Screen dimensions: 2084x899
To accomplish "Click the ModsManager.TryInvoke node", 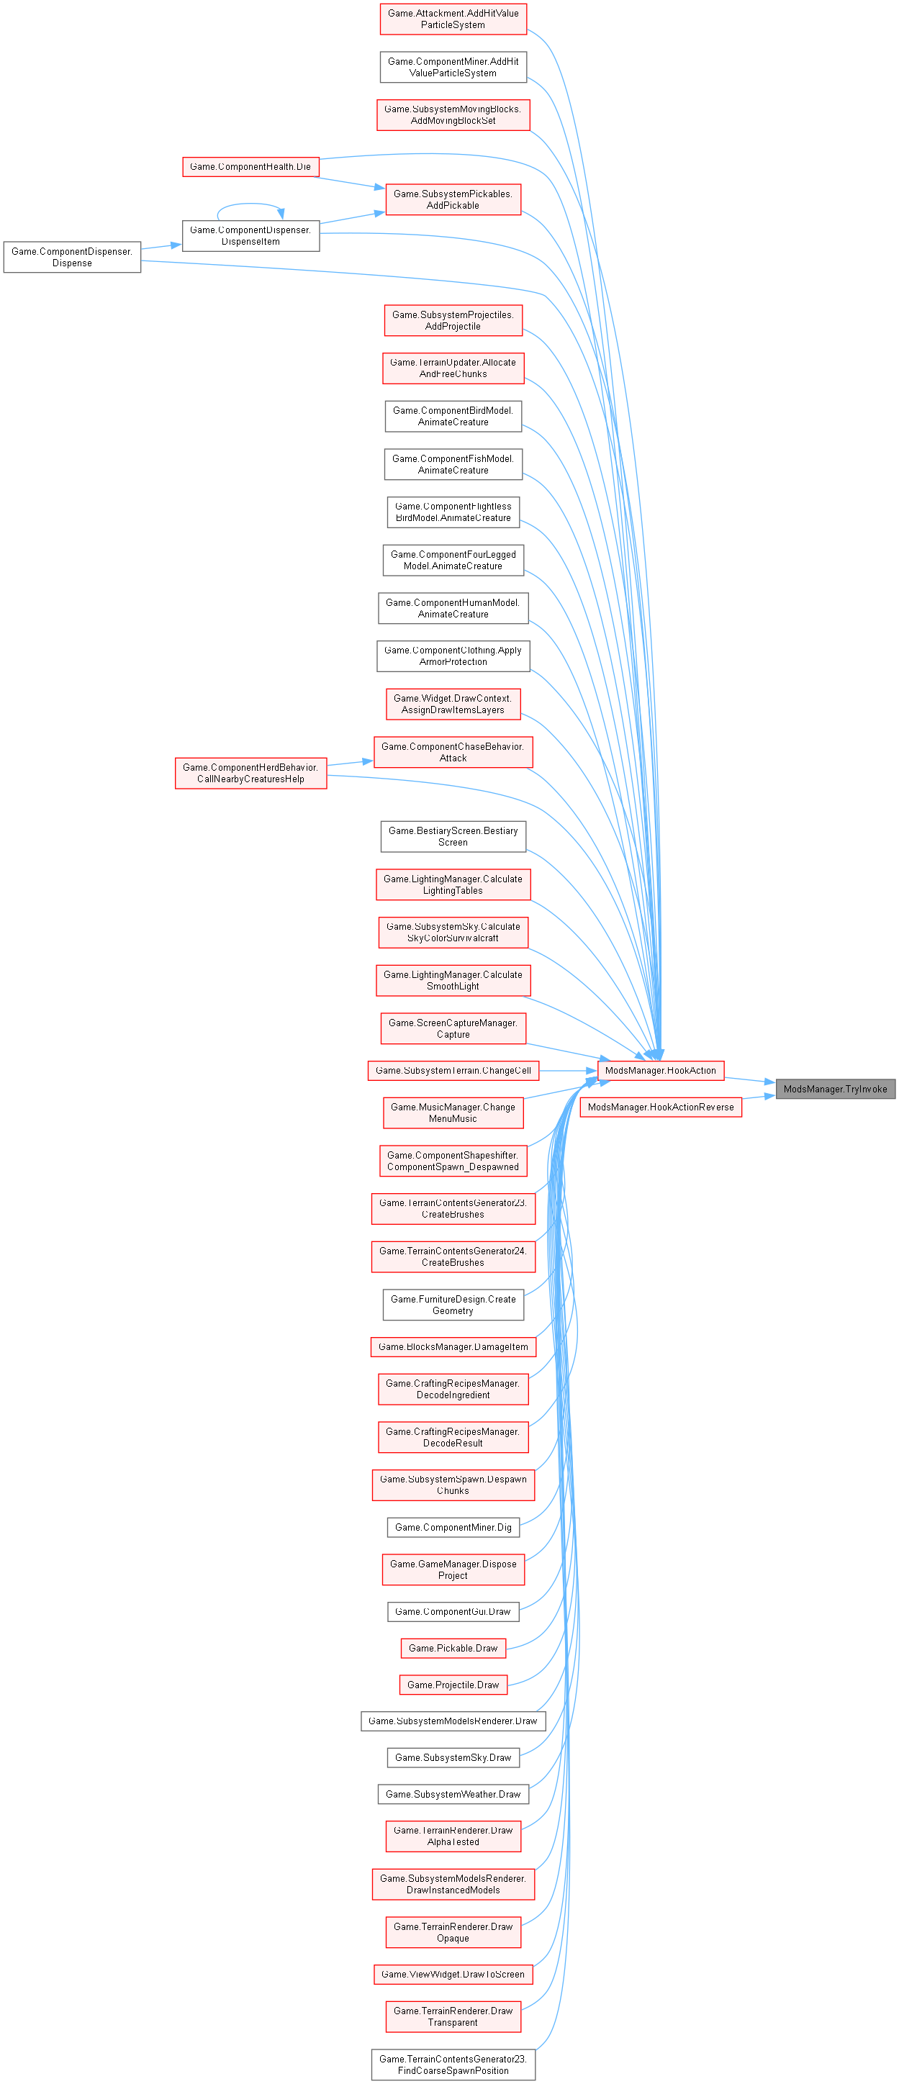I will [x=835, y=1089].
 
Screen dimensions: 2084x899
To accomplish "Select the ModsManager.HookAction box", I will [x=660, y=1070].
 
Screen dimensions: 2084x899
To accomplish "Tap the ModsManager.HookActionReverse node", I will [x=660, y=1107].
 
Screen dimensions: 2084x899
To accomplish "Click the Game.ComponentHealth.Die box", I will [x=250, y=167].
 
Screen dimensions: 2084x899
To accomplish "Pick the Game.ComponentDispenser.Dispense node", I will [x=72, y=258].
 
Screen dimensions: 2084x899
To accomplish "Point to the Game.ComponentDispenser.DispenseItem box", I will [x=250, y=235].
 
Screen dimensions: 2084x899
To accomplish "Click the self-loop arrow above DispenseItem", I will [x=250, y=204].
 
